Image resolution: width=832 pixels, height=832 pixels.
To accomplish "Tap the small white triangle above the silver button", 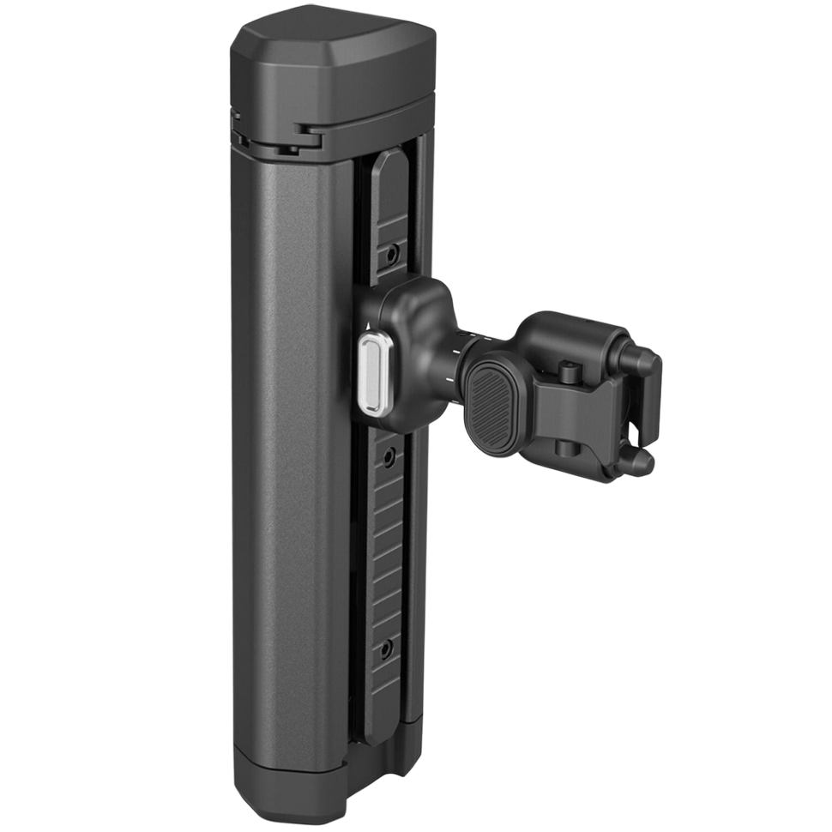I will click(367, 327).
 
